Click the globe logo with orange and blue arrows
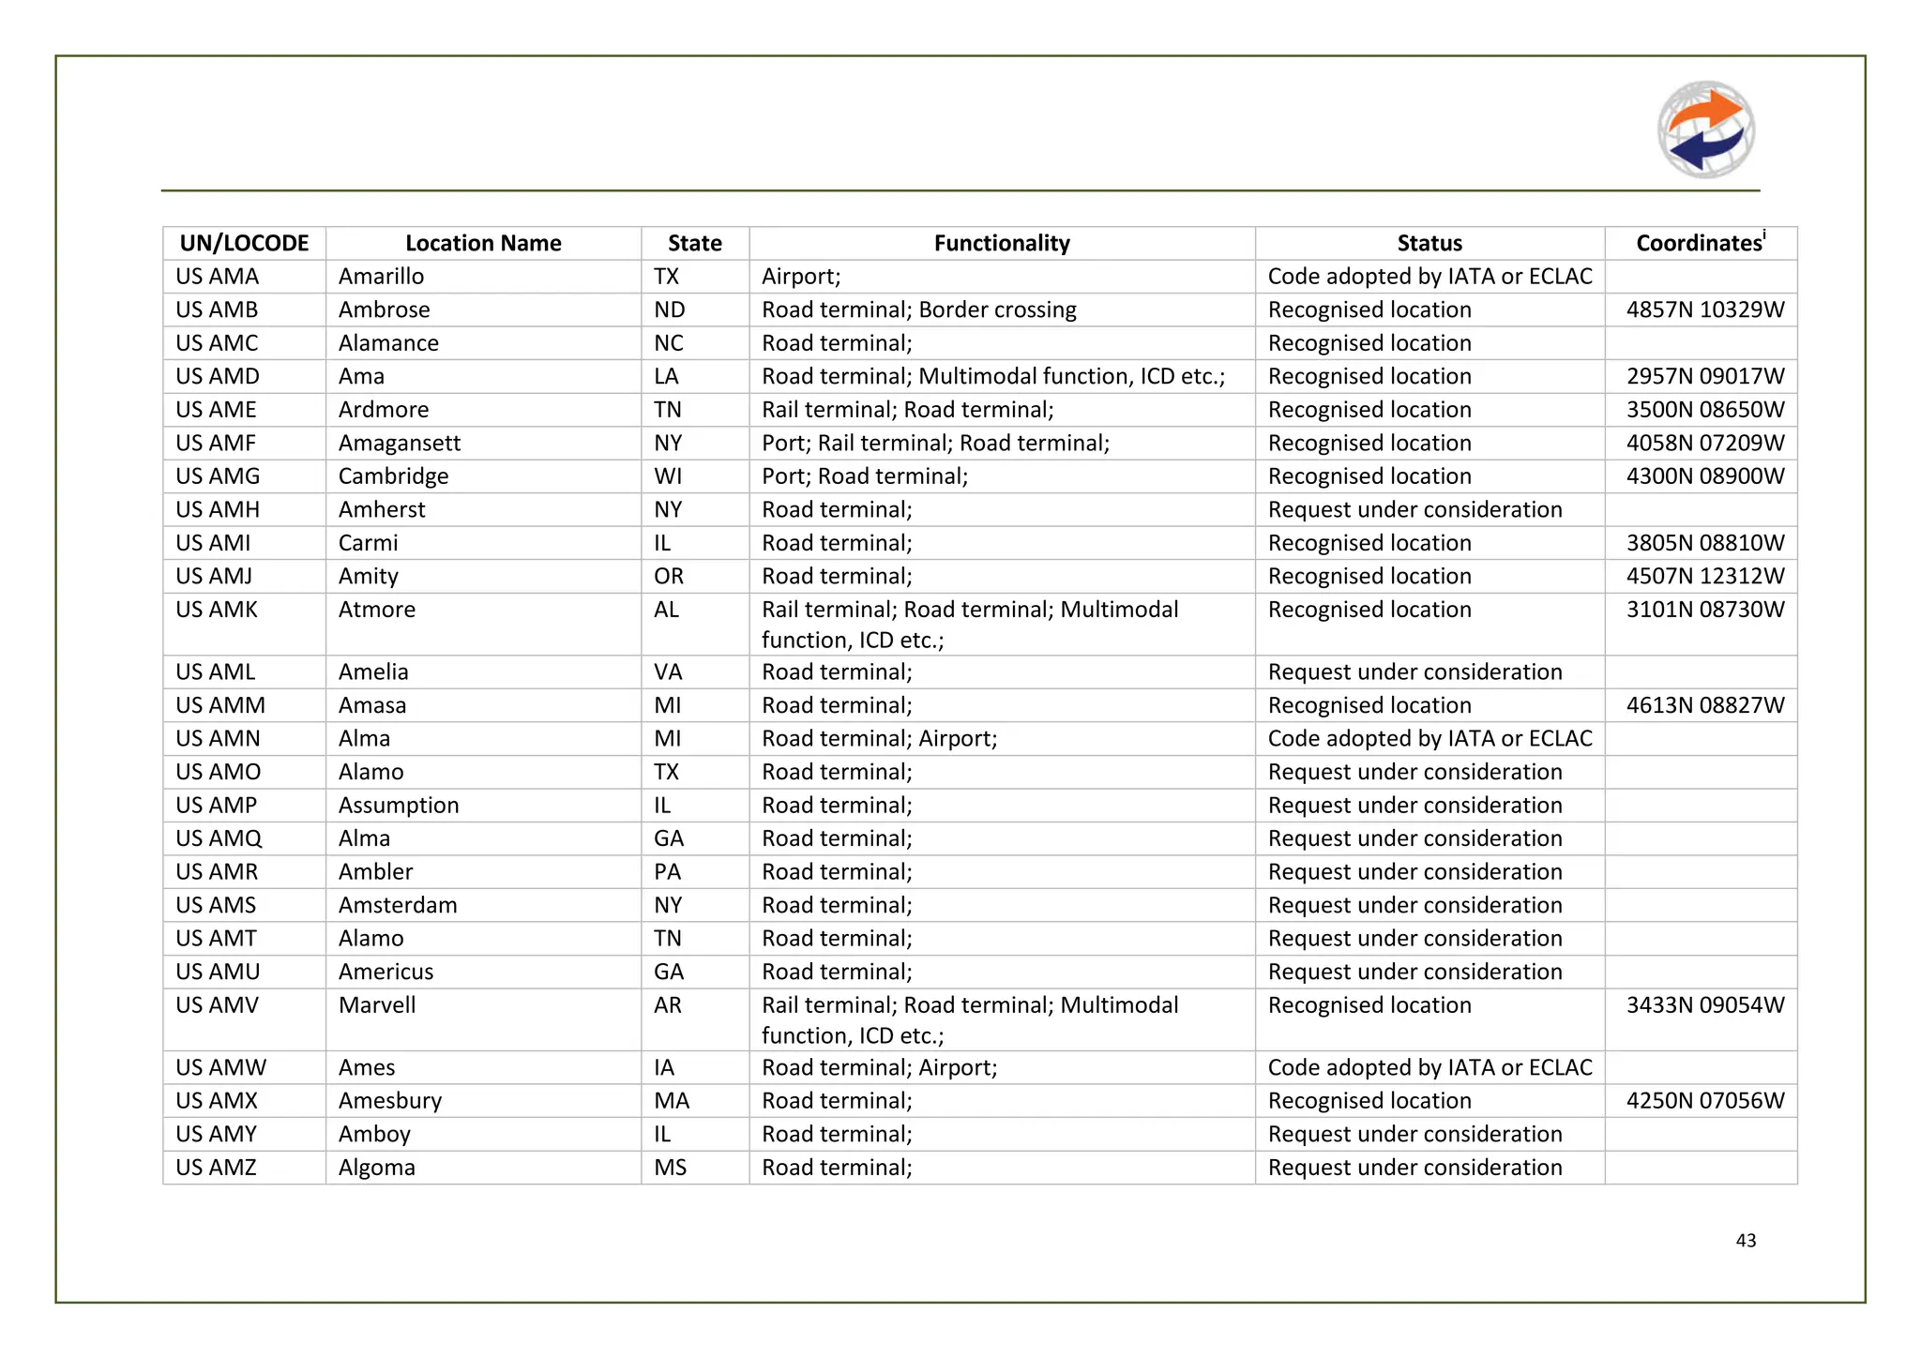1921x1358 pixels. [x=1705, y=129]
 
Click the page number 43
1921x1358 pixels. [x=1746, y=1240]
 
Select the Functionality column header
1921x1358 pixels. [x=1001, y=243]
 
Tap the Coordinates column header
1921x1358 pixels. [x=1700, y=243]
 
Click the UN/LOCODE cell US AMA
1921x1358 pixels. [x=218, y=277]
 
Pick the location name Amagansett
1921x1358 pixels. [x=400, y=443]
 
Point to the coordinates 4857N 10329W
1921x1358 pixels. [x=1704, y=309]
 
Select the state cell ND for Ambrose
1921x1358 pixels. [x=669, y=309]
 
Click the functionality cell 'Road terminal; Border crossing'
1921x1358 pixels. [x=918, y=309]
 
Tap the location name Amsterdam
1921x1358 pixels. [x=398, y=905]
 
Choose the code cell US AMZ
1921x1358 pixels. [x=217, y=1168]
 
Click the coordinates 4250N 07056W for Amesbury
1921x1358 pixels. [x=1704, y=1101]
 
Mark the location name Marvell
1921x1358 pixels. [x=377, y=1005]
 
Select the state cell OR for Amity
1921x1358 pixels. [x=669, y=576]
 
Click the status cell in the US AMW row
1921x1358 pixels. [x=1429, y=1067]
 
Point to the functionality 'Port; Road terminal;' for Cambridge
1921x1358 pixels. [x=864, y=476]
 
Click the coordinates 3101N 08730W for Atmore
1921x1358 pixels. [x=1704, y=610]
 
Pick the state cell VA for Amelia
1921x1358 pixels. [x=668, y=672]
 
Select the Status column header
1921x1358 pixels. [x=1429, y=243]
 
